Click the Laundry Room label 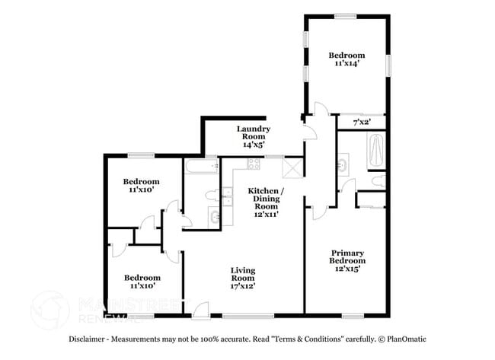pos(254,129)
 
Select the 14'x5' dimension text pos(254,143)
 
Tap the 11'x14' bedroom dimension pos(346,65)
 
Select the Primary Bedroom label pos(346,256)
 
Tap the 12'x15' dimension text pos(346,268)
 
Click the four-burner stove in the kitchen pos(253,164)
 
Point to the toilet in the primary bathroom pos(378,180)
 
